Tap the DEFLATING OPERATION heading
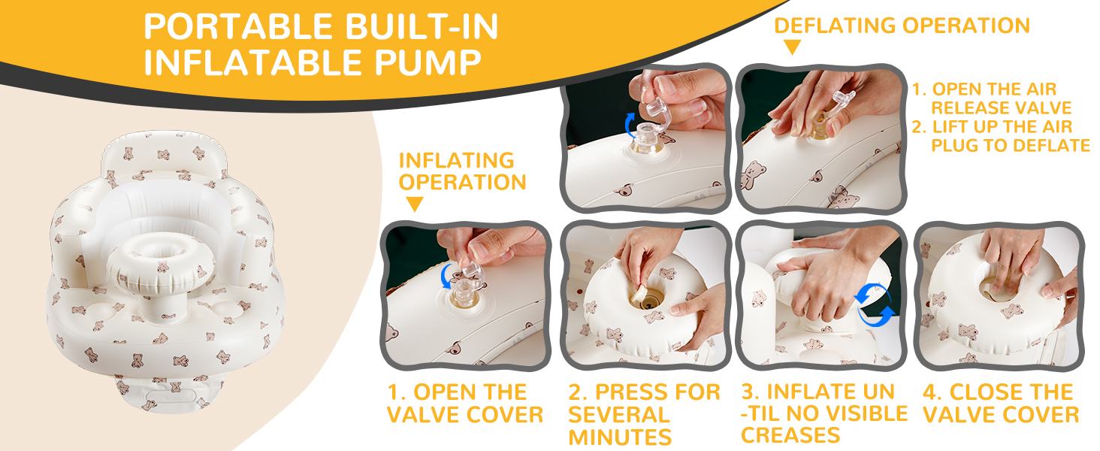pyautogui.click(x=902, y=25)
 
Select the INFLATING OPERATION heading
pyautogui.click(x=462, y=171)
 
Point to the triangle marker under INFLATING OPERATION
pyautogui.click(x=414, y=204)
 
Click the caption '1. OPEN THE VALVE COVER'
pyautogui.click(x=465, y=404)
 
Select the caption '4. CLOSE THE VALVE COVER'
pyautogui.click(x=1001, y=404)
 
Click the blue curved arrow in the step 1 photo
pyautogui.click(x=447, y=276)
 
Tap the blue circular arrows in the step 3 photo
pyautogui.click(x=876, y=304)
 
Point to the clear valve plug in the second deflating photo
pyautogui.click(x=845, y=105)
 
